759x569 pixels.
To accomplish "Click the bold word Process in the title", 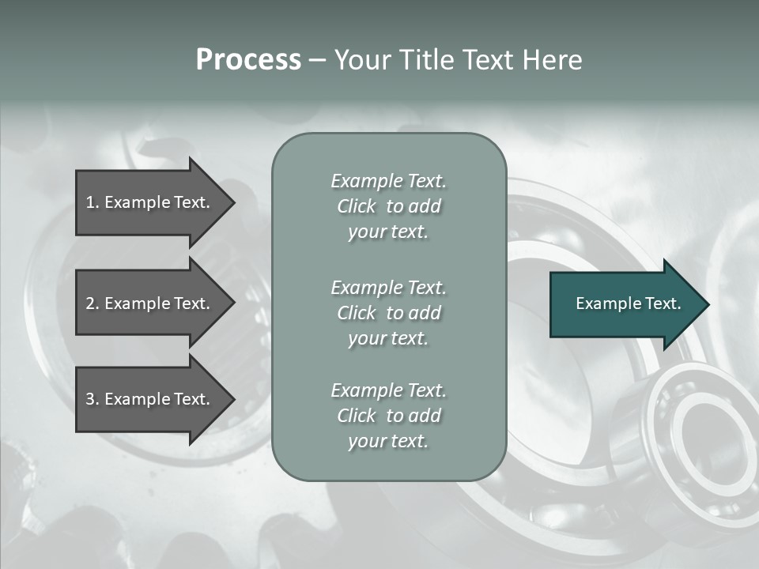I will [x=248, y=60].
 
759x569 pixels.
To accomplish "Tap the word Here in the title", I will [x=553, y=60].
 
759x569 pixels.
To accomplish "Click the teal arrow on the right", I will [x=625, y=304].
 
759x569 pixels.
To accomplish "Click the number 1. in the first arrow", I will [x=93, y=202].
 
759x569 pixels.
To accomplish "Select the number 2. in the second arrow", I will [x=93, y=303].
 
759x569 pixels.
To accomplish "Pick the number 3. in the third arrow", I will [x=93, y=399].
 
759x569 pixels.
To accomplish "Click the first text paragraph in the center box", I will [x=388, y=206].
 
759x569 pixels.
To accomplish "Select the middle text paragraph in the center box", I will [x=388, y=312].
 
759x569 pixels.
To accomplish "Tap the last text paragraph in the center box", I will [x=388, y=416].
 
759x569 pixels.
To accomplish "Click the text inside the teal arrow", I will [x=628, y=303].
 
